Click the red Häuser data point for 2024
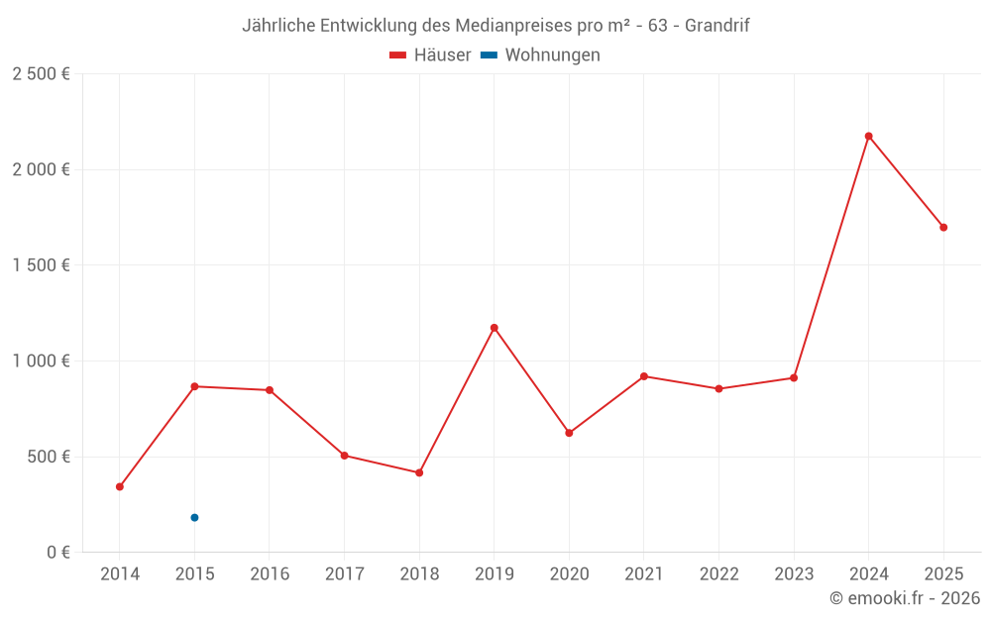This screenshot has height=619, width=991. [x=868, y=136]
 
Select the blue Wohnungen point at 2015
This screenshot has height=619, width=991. [x=194, y=517]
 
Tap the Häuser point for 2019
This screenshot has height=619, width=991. [x=494, y=328]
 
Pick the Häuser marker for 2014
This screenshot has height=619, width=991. [x=120, y=486]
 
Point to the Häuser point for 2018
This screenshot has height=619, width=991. [x=419, y=472]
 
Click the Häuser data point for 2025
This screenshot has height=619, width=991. [x=943, y=227]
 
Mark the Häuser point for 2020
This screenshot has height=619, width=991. [x=569, y=433]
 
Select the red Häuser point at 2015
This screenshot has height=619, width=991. [x=194, y=386]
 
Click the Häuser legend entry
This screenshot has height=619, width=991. [x=430, y=55]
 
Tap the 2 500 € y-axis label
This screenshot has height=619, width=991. [x=41, y=74]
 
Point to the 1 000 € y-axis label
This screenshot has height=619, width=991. [x=41, y=361]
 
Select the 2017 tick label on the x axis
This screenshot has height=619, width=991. [x=344, y=574]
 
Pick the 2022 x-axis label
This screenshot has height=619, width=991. [x=718, y=574]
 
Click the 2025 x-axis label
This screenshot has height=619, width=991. [x=943, y=574]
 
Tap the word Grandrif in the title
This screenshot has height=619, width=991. [x=716, y=26]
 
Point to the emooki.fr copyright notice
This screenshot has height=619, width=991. [x=904, y=598]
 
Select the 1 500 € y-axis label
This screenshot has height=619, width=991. [x=41, y=265]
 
